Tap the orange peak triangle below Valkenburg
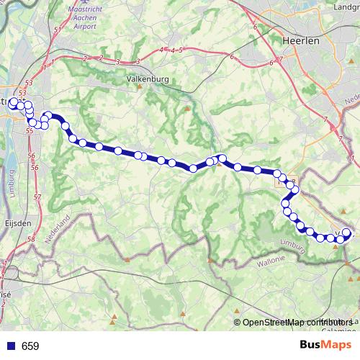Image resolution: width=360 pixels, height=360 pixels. (x=187, y=109)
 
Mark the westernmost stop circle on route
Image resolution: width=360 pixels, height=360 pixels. (x=13, y=102)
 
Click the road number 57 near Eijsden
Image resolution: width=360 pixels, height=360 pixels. (x=37, y=197)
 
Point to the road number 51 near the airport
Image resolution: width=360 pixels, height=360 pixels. (x=57, y=30)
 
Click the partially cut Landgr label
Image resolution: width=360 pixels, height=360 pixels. (x=343, y=8)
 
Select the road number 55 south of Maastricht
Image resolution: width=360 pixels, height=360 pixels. (x=30, y=132)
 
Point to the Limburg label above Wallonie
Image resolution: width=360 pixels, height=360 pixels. (x=293, y=243)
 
